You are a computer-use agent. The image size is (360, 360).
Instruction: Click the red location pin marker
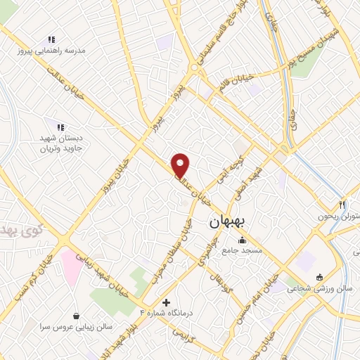(x=181, y=165)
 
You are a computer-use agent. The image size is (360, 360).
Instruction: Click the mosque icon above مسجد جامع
(x=243, y=240)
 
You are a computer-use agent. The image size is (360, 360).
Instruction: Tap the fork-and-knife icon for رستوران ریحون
(x=342, y=205)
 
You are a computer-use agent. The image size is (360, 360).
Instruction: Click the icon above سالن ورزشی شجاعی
(x=320, y=276)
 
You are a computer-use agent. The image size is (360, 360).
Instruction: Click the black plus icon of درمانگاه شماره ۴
(x=166, y=302)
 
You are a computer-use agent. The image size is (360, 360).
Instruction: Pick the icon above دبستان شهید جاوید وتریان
(x=60, y=127)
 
